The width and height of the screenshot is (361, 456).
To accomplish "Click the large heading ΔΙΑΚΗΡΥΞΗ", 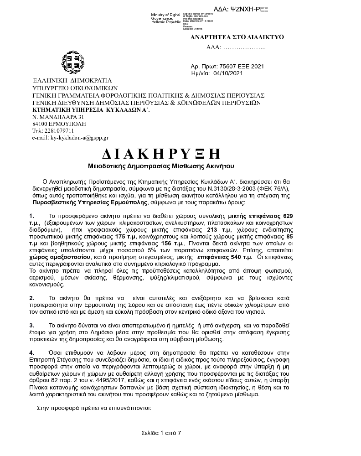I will (x=160, y=153).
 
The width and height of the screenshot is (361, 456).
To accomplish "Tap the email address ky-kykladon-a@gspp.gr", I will (x=70, y=137).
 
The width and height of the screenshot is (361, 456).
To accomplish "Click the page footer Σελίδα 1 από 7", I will (x=161, y=433).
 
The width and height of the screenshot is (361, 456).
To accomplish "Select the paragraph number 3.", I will (x=31, y=326).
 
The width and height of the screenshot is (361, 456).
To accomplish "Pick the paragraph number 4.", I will (x=31, y=353).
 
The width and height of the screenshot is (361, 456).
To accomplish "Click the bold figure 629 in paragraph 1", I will (x=289, y=215).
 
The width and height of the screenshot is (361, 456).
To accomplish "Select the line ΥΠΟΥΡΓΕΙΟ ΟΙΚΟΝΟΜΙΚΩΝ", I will (x=69, y=88).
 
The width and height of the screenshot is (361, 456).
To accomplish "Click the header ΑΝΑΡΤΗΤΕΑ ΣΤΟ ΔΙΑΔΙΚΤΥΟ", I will (x=237, y=37).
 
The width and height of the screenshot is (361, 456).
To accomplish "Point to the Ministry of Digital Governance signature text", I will (x=165, y=18).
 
